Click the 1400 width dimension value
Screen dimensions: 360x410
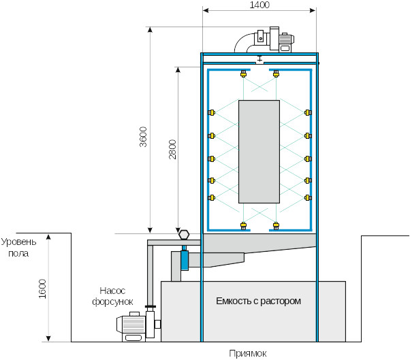[x=259, y=5]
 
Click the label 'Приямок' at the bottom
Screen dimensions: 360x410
[x=248, y=353]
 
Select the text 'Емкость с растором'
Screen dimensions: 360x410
[x=258, y=300]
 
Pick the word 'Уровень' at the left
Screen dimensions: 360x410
[x=18, y=242]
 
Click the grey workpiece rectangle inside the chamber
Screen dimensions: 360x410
[x=259, y=151]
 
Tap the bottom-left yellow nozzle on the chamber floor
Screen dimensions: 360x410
[x=243, y=225]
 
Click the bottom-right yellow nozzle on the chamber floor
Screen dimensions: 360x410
[x=276, y=225]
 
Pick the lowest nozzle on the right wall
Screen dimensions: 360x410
[x=308, y=199]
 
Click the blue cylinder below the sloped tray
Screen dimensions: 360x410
[x=184, y=261]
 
